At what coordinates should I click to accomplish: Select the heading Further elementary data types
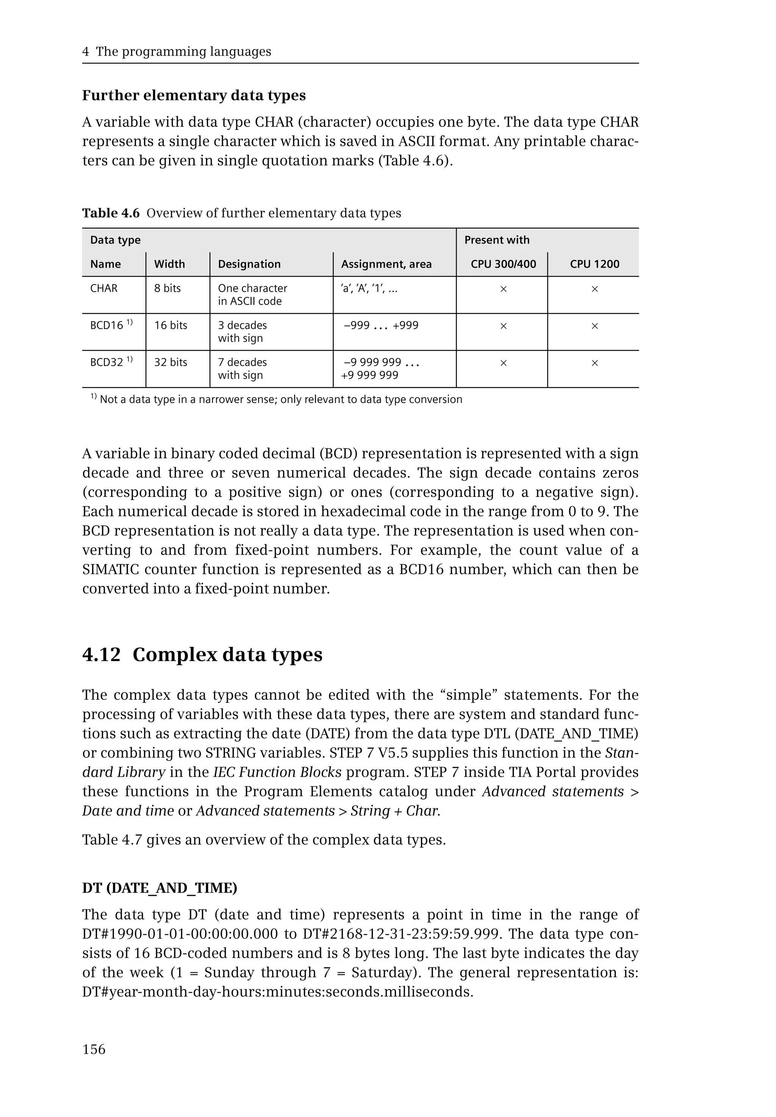pos(194,95)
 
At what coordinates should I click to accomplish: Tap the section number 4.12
pos(101,655)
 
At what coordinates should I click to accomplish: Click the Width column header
pos(169,264)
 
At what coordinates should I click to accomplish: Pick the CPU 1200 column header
pos(594,264)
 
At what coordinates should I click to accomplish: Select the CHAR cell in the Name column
pos(103,288)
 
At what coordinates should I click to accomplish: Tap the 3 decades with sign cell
pos(242,331)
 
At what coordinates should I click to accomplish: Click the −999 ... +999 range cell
pos(381,325)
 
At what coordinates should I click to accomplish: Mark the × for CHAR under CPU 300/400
pos(503,289)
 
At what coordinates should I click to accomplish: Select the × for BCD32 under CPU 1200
pos(594,363)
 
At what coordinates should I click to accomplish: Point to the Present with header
pos(496,240)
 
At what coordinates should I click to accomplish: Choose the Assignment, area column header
pos(386,264)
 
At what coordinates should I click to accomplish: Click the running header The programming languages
pos(183,52)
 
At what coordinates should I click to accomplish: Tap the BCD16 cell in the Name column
pos(106,325)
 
